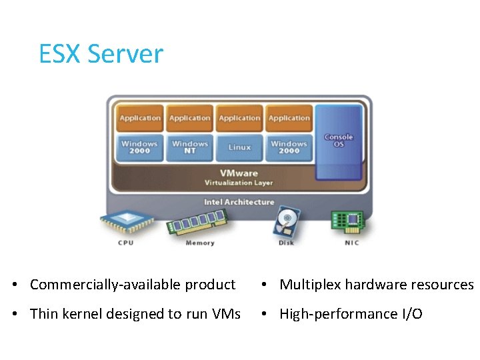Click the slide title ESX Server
[101, 53]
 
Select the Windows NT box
[190, 147]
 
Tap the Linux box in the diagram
[239, 147]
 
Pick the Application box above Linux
[239, 118]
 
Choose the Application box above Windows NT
[190, 118]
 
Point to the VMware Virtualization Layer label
[239, 177]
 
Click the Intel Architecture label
[239, 201]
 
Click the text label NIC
[351, 243]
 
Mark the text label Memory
[199, 243]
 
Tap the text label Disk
[285, 243]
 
